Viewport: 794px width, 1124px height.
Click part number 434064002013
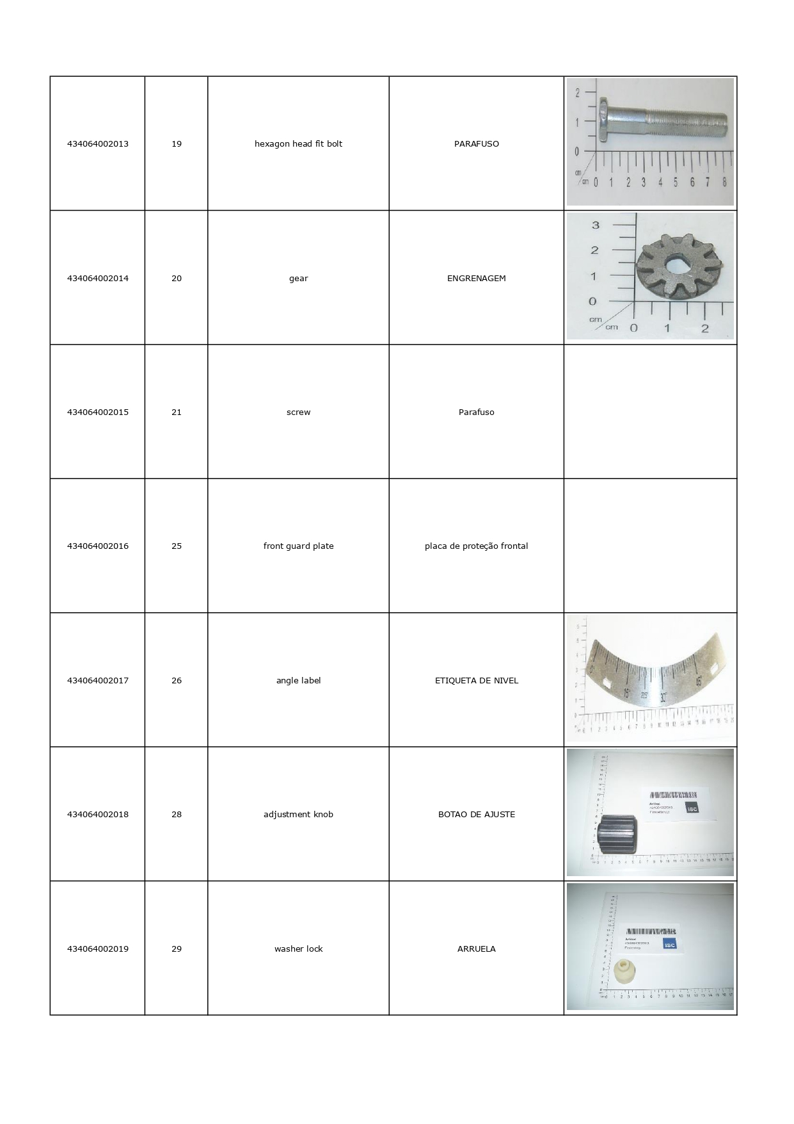coord(97,143)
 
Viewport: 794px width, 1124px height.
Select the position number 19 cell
coord(177,143)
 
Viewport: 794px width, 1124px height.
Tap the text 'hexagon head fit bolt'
coord(298,143)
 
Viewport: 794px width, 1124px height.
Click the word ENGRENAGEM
coord(476,278)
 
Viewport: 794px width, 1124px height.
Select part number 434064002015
coord(97,412)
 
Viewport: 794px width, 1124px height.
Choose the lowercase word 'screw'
coord(298,412)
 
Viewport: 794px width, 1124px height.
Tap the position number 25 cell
coord(177,546)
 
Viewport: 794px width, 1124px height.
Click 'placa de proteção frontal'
coord(476,546)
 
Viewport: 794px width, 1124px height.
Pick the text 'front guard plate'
coord(298,546)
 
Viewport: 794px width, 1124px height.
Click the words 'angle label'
coord(298,680)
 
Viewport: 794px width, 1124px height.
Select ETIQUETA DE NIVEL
coord(476,680)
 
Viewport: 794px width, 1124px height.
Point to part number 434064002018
coord(97,814)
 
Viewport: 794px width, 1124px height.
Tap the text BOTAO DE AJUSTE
coord(476,814)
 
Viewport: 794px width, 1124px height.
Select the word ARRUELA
coord(476,949)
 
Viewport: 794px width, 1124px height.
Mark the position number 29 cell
coord(177,949)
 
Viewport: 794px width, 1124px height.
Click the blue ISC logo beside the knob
coord(692,808)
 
